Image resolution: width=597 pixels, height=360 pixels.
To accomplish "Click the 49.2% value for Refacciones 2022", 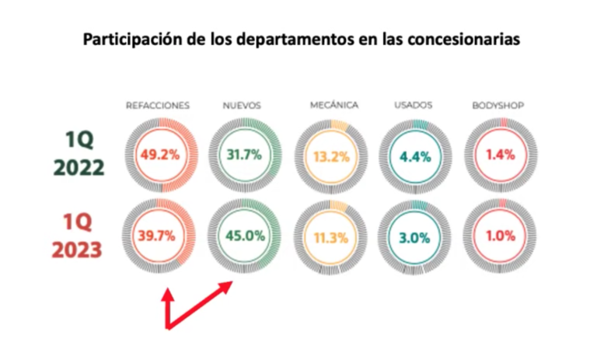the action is coord(160,155).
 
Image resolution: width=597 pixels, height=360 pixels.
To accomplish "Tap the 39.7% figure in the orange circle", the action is coord(156,236).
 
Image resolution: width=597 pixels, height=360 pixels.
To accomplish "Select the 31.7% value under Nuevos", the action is coord(244,155).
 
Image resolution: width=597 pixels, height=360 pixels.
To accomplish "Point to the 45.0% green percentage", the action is coord(245,236).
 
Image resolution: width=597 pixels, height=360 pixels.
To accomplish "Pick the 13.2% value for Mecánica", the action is coord(331,156).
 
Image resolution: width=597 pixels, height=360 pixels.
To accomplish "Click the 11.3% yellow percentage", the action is coord(331,238).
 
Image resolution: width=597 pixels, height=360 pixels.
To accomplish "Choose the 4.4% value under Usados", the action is coord(415,156).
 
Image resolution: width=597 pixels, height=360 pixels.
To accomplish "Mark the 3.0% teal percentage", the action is coord(414,238).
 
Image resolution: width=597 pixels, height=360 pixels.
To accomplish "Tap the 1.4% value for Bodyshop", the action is coord(501,155).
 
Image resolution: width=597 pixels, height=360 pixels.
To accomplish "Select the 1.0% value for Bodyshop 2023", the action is coord(501,236).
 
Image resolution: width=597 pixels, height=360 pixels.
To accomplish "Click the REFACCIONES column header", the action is coord(158,106).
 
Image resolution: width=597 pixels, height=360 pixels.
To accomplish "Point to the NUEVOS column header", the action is coord(242,106).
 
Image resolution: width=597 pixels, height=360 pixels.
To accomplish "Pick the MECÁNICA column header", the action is coord(334,105).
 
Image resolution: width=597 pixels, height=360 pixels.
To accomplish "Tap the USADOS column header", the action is coord(414,105).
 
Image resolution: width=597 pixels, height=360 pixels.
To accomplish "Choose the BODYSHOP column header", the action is coord(498,105).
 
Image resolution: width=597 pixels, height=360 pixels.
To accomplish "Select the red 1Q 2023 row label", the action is coord(77,236).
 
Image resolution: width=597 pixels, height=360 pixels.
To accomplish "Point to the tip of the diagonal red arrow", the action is coord(232,282).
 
